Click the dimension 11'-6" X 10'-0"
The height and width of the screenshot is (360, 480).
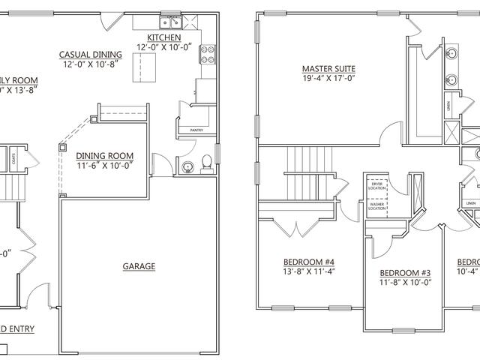point(105,166)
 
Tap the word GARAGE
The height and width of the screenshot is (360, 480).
point(139,266)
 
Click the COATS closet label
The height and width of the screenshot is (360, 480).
point(16,158)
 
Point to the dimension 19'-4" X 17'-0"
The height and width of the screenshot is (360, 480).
point(328,77)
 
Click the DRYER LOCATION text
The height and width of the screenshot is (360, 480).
point(376,185)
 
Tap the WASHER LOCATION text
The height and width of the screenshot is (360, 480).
point(376,205)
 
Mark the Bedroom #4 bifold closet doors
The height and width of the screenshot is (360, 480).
point(288,223)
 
